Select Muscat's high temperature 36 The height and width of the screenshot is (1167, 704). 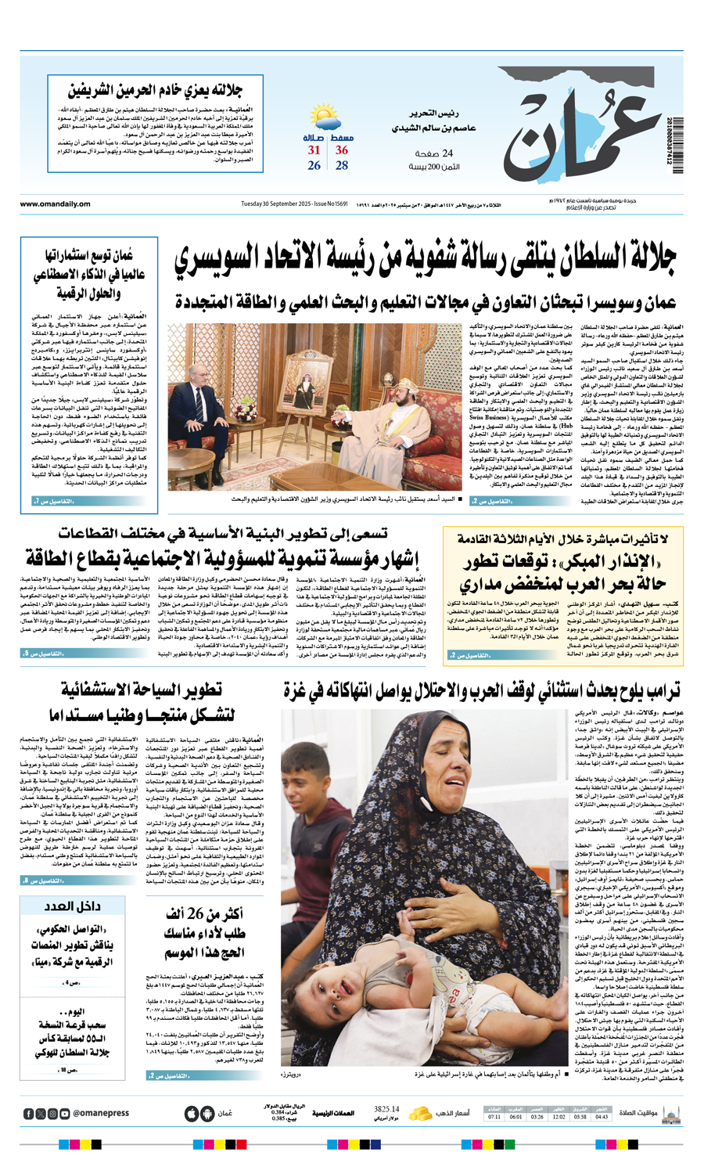(342, 150)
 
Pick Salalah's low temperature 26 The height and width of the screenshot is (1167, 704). (314, 165)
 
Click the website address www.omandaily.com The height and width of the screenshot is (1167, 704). (55, 204)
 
